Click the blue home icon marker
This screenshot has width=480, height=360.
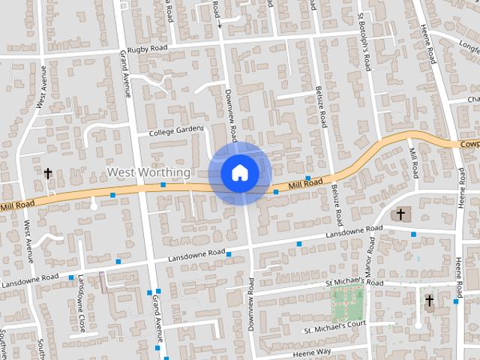[239, 172]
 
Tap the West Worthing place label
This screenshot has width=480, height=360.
[148, 172]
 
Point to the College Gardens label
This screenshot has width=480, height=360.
[176, 131]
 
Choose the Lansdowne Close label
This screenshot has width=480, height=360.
[80, 293]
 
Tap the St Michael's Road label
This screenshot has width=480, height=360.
[354, 283]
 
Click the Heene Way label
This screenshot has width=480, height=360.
[311, 352]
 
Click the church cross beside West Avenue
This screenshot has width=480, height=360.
[48, 174]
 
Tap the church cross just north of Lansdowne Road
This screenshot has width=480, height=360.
[400, 215]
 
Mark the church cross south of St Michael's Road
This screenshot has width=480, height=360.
[430, 302]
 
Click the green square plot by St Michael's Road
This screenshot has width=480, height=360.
[348, 304]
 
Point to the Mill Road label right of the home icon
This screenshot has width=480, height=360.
[306, 183]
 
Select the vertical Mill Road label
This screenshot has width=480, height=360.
[413, 160]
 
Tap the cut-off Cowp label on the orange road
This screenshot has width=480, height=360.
[469, 143]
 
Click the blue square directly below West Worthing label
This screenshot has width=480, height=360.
[163, 184]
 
